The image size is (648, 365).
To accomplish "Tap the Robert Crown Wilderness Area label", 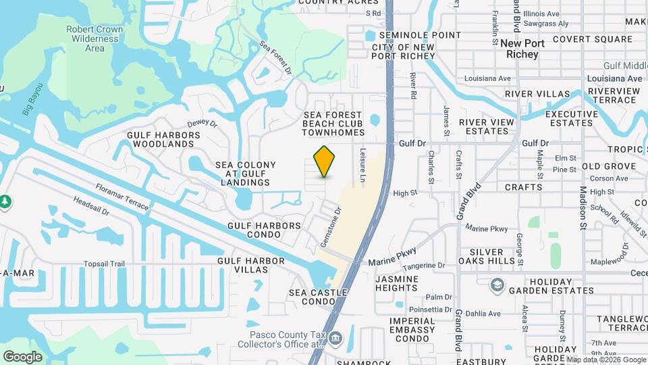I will click(x=94, y=39).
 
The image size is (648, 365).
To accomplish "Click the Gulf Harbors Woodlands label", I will click(x=164, y=139).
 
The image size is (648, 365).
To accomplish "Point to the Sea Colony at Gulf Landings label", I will click(x=246, y=174).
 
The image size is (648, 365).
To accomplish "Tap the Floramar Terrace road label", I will click(x=122, y=197).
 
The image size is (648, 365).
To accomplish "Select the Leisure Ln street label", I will click(x=362, y=165).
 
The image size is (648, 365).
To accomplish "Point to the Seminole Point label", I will click(x=420, y=35).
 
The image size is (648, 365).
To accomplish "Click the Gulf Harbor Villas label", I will click(x=242, y=265).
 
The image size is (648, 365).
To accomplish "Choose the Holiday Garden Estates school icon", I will click(x=497, y=285).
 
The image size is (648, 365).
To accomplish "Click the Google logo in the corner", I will click(x=23, y=356).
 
